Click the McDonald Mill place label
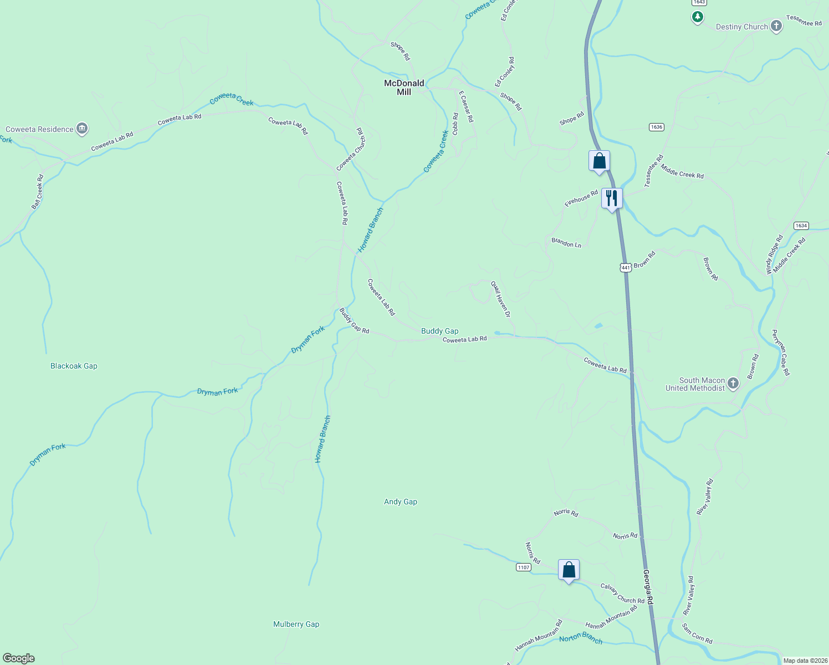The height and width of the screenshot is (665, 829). click(x=404, y=88)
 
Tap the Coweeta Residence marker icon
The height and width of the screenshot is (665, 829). click(x=82, y=129)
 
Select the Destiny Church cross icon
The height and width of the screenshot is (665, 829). click(x=776, y=26)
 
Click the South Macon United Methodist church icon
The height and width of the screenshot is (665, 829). click(x=733, y=383)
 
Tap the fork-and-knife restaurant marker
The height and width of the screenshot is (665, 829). click(x=612, y=198)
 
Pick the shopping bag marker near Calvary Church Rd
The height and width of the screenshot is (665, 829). click(x=569, y=570)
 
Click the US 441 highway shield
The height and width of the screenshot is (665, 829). click(x=626, y=267)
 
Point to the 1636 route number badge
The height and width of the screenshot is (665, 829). click(x=656, y=127)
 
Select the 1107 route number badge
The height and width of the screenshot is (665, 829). click(x=523, y=567)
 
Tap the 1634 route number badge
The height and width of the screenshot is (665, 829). click(x=801, y=226)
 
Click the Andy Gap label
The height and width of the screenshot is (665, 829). click(x=401, y=502)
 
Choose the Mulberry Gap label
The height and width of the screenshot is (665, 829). click(x=296, y=624)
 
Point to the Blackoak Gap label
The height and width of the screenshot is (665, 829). click(x=74, y=366)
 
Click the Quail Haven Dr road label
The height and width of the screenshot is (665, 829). click(x=500, y=299)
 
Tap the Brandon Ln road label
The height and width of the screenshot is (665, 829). click(x=566, y=243)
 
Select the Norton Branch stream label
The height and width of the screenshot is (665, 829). click(x=580, y=638)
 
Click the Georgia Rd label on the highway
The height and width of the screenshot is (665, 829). click(x=648, y=587)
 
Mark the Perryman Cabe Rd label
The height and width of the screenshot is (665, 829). click(x=781, y=353)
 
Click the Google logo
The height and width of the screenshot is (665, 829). click(x=19, y=658)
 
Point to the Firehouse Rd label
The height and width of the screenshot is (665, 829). click(x=581, y=198)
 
